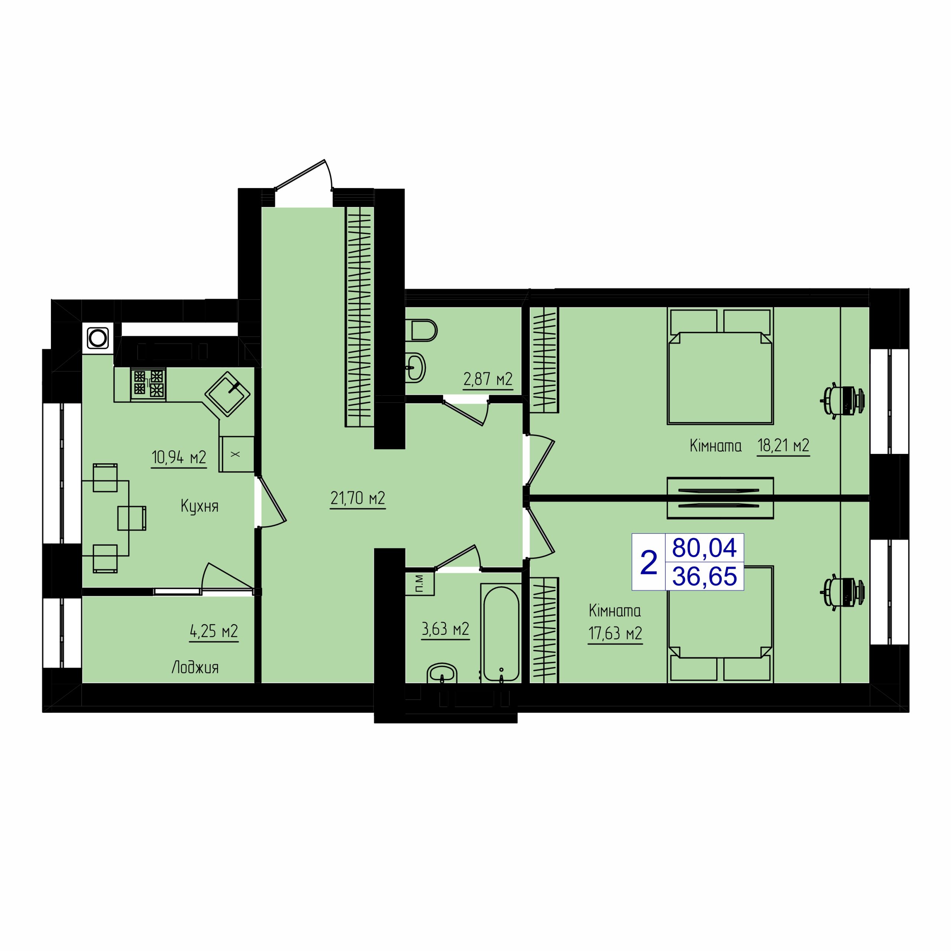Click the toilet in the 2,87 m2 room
[423, 330]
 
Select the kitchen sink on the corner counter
[227, 394]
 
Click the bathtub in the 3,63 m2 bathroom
[501, 633]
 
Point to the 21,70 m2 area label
[358, 499]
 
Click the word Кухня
[199, 506]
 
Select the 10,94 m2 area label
[179, 458]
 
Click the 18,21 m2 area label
[783, 445]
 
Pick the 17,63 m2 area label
[615, 633]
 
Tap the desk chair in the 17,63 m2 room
[842, 592]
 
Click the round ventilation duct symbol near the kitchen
[97, 338]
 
